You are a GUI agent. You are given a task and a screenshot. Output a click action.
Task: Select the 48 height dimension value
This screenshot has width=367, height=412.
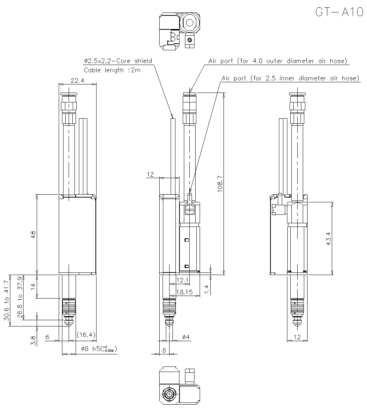pos(33,235)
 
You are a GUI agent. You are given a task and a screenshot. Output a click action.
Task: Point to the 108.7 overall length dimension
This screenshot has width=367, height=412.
pos(219,184)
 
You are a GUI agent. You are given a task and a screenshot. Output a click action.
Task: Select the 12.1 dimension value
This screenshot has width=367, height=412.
pos(182,281)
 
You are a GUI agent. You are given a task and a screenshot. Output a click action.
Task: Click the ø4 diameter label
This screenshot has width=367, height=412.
pos(185,337)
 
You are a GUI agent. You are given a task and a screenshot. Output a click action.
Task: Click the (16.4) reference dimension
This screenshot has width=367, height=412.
pos(86,334)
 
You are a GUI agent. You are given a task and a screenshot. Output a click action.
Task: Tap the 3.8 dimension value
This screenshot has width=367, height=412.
pos(33,340)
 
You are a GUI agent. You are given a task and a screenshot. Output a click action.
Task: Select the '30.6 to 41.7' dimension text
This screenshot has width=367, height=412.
pos(6,301)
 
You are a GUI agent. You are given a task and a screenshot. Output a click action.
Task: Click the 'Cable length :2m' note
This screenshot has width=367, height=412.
pos(112,70)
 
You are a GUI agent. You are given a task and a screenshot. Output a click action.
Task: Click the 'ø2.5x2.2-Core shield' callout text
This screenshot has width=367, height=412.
pos(117,61)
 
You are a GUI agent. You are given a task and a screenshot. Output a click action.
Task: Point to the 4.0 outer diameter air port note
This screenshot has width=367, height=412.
pos(277,61)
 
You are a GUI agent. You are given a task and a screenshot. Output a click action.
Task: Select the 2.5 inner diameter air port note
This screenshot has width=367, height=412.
pos(290,78)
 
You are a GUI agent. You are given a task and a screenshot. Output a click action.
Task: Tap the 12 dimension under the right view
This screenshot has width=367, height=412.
pos(297,337)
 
